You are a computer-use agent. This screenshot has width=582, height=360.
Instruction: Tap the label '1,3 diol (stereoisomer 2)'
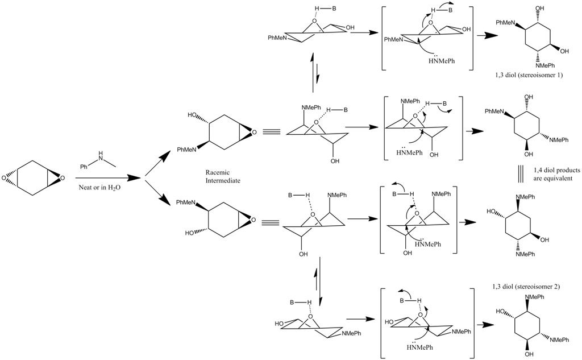(526, 287)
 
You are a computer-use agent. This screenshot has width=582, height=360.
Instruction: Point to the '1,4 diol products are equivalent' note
(552, 173)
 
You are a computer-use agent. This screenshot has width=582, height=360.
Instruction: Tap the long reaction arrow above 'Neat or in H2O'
(102, 177)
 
